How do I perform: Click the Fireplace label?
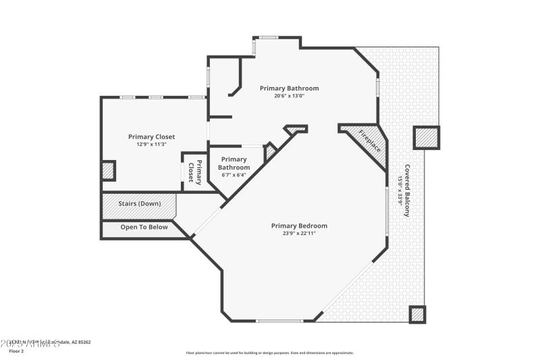(369, 140)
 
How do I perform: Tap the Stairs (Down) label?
(139, 203)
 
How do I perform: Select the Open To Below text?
(144, 227)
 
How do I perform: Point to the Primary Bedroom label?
(299, 226)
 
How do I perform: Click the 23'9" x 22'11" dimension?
(299, 234)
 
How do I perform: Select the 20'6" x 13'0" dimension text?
(289, 96)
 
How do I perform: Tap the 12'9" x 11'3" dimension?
(151, 144)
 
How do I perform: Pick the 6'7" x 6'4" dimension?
(234, 175)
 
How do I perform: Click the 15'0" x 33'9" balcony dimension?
(400, 190)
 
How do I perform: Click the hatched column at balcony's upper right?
(426, 138)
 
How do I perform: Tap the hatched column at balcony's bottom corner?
(418, 314)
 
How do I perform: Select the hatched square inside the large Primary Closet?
(108, 170)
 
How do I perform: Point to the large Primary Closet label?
(151, 136)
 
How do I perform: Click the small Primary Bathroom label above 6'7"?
(234, 163)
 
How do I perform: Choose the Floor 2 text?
(16, 351)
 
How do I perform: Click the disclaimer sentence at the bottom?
(269, 353)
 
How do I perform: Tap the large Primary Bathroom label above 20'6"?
(289, 88)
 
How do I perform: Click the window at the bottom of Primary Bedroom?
(279, 321)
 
